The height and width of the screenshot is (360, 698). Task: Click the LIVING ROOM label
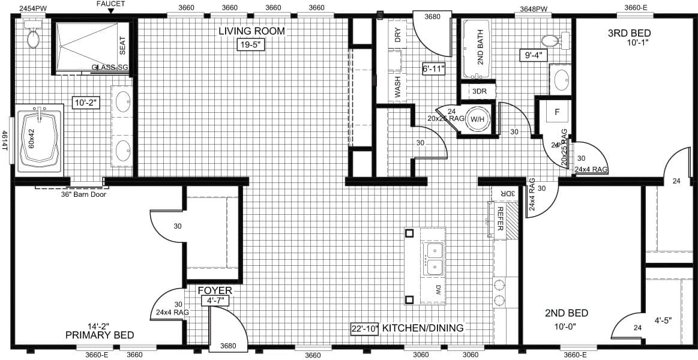(x=251, y=31)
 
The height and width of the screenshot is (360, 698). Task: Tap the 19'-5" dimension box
(x=251, y=44)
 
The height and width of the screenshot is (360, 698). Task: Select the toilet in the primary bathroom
(x=33, y=37)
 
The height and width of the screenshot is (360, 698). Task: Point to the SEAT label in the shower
(x=122, y=46)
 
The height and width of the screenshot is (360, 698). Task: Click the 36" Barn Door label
(x=83, y=194)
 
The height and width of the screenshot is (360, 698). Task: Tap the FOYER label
(x=215, y=291)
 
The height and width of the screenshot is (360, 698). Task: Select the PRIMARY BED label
(x=100, y=335)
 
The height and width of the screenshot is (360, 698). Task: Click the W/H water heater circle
(x=478, y=119)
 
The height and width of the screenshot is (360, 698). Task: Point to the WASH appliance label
(x=397, y=86)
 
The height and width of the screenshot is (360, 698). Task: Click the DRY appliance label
(x=397, y=36)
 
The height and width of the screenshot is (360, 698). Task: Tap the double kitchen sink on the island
(x=434, y=259)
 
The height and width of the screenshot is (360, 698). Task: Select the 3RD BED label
(x=629, y=32)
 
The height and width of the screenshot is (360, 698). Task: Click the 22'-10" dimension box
(x=364, y=329)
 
